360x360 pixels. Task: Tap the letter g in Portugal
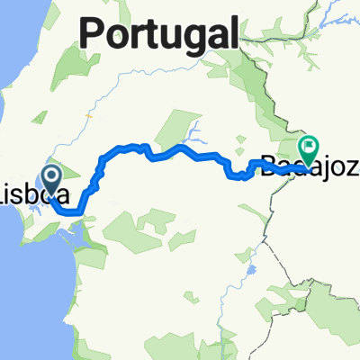184,38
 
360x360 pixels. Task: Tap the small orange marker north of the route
88,115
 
